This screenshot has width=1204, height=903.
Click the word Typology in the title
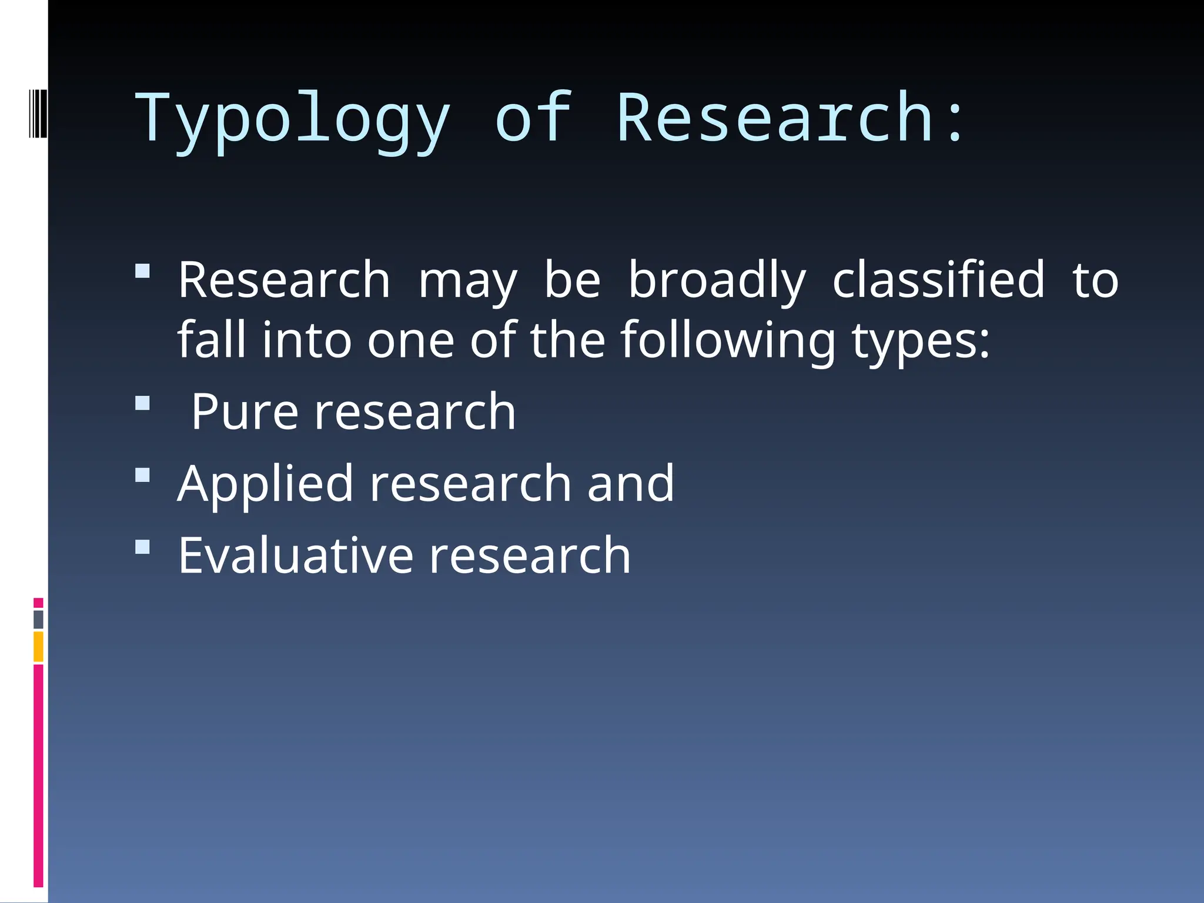[x=293, y=121]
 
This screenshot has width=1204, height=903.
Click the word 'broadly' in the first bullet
[x=717, y=282]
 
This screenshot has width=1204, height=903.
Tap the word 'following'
[x=728, y=342]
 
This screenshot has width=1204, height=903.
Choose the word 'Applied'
[x=265, y=485]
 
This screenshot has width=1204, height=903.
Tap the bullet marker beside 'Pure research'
[x=142, y=403]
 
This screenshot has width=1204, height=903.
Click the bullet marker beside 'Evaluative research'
[x=142, y=547]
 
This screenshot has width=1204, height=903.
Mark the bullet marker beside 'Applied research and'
[x=142, y=474]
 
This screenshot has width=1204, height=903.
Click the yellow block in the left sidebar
[x=38, y=646]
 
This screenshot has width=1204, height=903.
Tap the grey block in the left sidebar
[x=38, y=619]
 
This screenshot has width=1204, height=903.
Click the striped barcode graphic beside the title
[x=38, y=113]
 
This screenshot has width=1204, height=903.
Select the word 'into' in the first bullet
[x=306, y=340]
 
